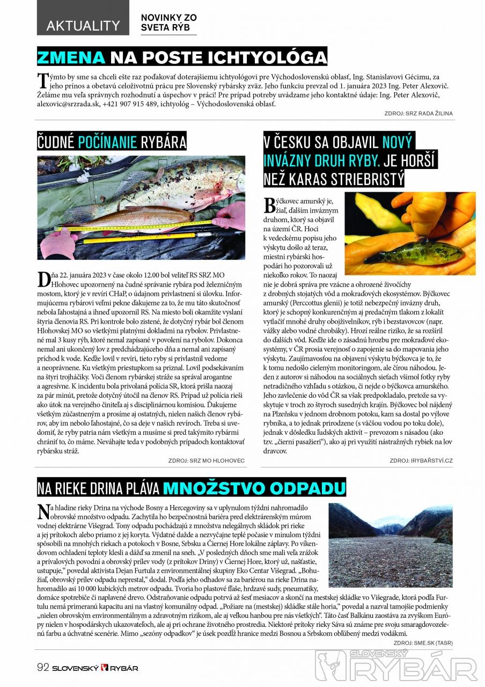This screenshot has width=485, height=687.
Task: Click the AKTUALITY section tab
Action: (x=83, y=25)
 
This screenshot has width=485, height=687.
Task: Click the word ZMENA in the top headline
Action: (x=71, y=57)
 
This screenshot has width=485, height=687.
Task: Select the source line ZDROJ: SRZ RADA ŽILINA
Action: (x=418, y=113)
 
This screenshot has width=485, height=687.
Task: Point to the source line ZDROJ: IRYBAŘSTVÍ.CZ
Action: (x=421, y=461)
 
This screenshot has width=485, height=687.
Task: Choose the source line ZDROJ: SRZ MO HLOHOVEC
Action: (x=207, y=461)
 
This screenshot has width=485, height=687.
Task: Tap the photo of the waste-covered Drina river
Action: (x=391, y=545)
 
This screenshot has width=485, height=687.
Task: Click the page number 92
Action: (x=43, y=668)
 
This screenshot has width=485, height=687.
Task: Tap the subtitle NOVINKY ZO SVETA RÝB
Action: (x=168, y=22)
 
